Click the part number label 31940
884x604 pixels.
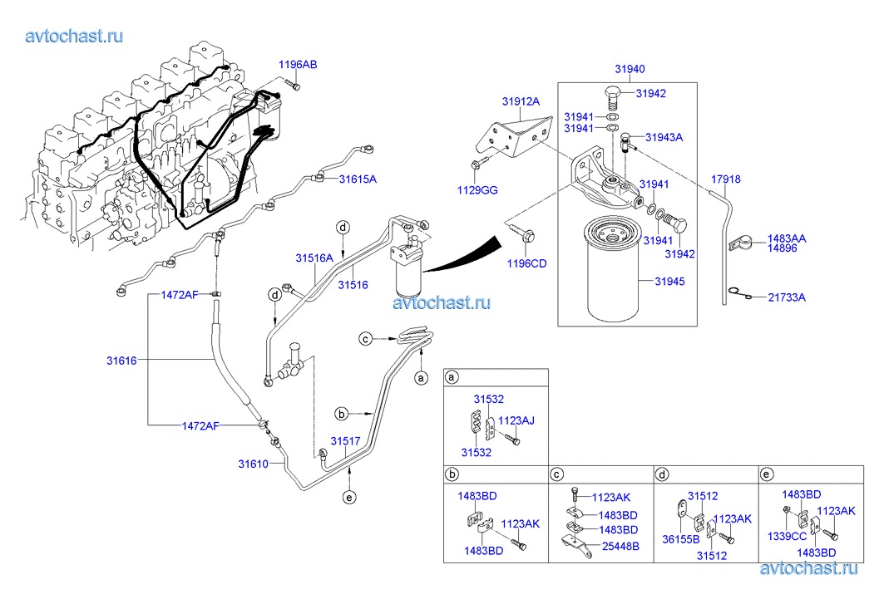(x=630, y=70)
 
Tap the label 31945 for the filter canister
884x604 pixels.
(x=669, y=282)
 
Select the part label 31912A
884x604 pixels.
(x=521, y=101)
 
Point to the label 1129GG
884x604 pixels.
(x=478, y=190)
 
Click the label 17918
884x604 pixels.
(x=725, y=179)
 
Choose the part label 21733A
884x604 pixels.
(x=786, y=297)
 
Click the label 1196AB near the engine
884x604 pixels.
(x=297, y=65)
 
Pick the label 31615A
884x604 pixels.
(x=358, y=179)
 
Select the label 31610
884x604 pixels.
(x=253, y=464)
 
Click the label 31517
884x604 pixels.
(x=345, y=441)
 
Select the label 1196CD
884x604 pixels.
(x=526, y=264)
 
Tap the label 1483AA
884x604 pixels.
(x=787, y=238)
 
